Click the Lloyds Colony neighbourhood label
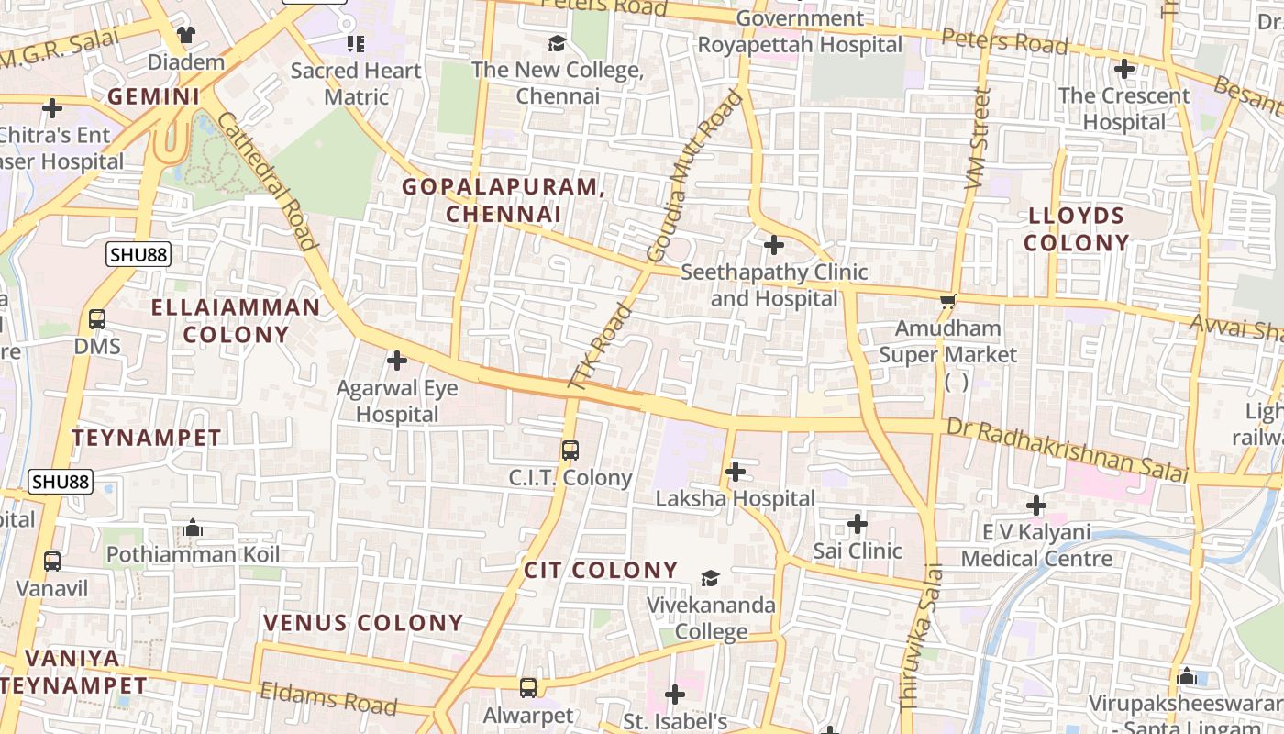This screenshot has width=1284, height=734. [x=1076, y=229]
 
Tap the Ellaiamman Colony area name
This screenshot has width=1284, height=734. [x=236, y=320]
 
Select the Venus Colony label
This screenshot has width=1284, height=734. [x=363, y=623]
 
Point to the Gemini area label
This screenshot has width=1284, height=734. [x=153, y=96]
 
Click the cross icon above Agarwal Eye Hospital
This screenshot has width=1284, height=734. [x=397, y=361]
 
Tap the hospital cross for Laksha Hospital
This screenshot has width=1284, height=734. [x=736, y=472]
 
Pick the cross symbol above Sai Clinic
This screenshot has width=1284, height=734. [x=858, y=524]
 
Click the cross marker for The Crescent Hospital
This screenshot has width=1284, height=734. [x=1124, y=68]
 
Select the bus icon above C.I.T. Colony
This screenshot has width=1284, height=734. [x=570, y=450]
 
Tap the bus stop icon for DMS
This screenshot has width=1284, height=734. [x=97, y=319]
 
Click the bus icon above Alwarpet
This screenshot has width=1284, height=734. [x=528, y=687]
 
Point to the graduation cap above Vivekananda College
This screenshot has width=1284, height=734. [x=711, y=578]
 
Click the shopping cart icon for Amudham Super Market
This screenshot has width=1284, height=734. [x=948, y=301]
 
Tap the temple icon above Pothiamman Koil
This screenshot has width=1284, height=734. [x=193, y=528]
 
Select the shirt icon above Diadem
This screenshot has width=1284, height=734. [x=186, y=35]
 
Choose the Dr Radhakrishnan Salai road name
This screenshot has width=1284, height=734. [x=1068, y=450]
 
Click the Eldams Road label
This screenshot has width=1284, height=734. [x=328, y=698]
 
